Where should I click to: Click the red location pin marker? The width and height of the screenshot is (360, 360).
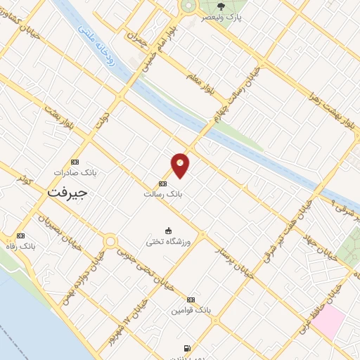coord(181,165)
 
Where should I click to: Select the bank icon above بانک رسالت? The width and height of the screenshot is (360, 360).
coord(163,184)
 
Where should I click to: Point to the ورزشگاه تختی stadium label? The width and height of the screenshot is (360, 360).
coord(169,241)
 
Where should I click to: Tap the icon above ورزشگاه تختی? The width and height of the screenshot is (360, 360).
coord(168,230)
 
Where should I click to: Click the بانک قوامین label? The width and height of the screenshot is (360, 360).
coord(190,309)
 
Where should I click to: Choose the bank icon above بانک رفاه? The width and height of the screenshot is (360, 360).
coord(20,236)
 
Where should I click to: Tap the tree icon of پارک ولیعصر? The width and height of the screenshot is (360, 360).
coord(221,6)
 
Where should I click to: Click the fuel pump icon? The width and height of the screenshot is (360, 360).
coord(186,347)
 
